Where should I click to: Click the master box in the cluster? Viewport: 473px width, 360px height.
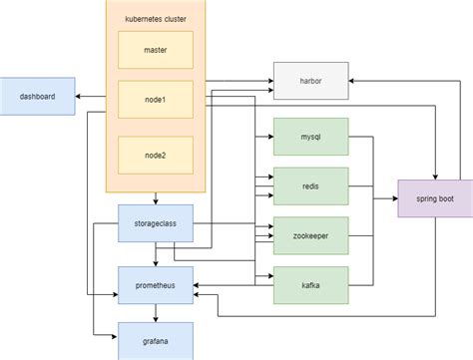(155, 49)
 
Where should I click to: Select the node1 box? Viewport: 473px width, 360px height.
(155, 101)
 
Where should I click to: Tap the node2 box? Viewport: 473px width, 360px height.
(155, 155)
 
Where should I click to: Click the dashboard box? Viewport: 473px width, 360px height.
(37, 96)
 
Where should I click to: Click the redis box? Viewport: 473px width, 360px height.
(310, 185)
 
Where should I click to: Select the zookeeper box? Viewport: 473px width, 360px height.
(310, 235)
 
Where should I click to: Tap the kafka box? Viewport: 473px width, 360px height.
(310, 286)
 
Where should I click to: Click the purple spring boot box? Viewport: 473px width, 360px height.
(434, 198)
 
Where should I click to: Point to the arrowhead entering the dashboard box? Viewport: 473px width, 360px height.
(79, 97)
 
